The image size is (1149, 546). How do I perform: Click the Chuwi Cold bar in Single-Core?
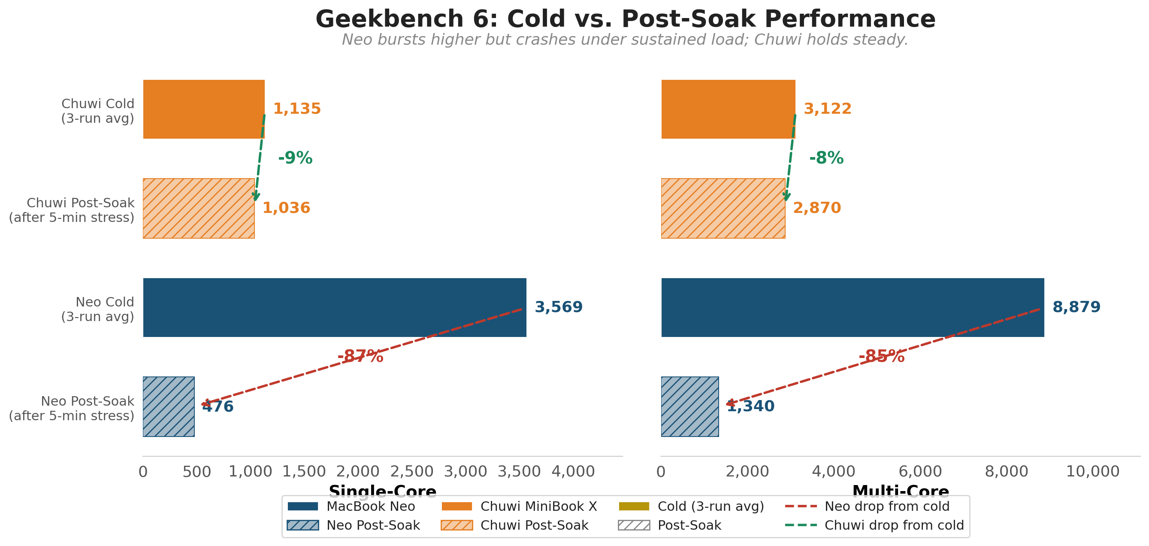pyautogui.click(x=204, y=109)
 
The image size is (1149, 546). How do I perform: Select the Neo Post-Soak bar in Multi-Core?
pyautogui.click(x=689, y=406)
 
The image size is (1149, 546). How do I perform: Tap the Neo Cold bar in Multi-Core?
pyautogui.click(x=853, y=307)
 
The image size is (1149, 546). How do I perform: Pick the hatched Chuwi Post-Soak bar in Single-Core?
pyautogui.click(x=199, y=208)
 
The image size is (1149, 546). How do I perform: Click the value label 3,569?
pyautogui.click(x=559, y=307)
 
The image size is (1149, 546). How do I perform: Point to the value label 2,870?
pyautogui.click(x=817, y=208)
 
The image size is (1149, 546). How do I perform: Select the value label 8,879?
pyautogui.click(x=1076, y=307)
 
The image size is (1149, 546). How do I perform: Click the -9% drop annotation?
pyautogui.click(x=295, y=158)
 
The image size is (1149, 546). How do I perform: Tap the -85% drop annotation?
pyautogui.click(x=881, y=356)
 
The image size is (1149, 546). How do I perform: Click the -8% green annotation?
pyautogui.click(x=826, y=158)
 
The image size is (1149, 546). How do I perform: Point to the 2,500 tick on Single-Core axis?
pyautogui.click(x=412, y=471)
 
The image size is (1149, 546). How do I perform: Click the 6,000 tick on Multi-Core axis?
pyautogui.click(x=920, y=471)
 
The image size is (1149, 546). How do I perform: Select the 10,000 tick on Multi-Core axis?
pyautogui.click(x=1092, y=471)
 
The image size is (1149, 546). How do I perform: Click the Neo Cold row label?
pyautogui.click(x=98, y=309)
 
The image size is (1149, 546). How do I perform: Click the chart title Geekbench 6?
pyautogui.click(x=626, y=19)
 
